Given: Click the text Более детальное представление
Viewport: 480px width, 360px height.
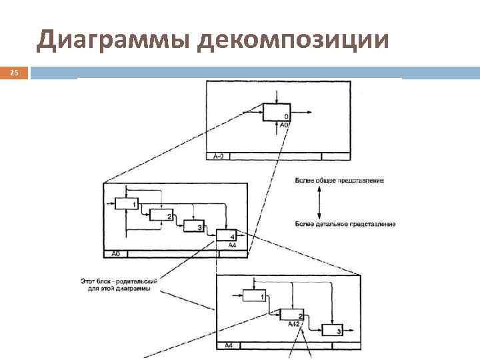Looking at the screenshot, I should click(x=344, y=224).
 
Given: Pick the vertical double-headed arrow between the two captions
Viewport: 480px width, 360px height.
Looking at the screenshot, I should click(x=320, y=203).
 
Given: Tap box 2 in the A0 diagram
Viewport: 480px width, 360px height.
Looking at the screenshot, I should click(x=161, y=215).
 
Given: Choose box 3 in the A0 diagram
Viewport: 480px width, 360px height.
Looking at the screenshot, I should click(x=193, y=227).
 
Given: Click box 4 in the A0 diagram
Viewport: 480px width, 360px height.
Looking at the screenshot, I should click(x=225, y=235).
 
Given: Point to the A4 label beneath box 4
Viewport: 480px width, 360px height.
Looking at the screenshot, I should click(x=231, y=245).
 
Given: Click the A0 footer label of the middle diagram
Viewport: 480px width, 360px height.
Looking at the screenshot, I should click(x=115, y=254).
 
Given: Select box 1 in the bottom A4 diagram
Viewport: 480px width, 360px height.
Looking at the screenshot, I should click(x=254, y=295).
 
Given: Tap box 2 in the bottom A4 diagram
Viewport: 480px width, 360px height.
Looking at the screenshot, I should click(x=292, y=315).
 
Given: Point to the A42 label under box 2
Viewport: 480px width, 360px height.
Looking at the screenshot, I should click(x=295, y=324).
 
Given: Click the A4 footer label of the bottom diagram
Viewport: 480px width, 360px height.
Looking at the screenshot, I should click(x=228, y=345).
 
